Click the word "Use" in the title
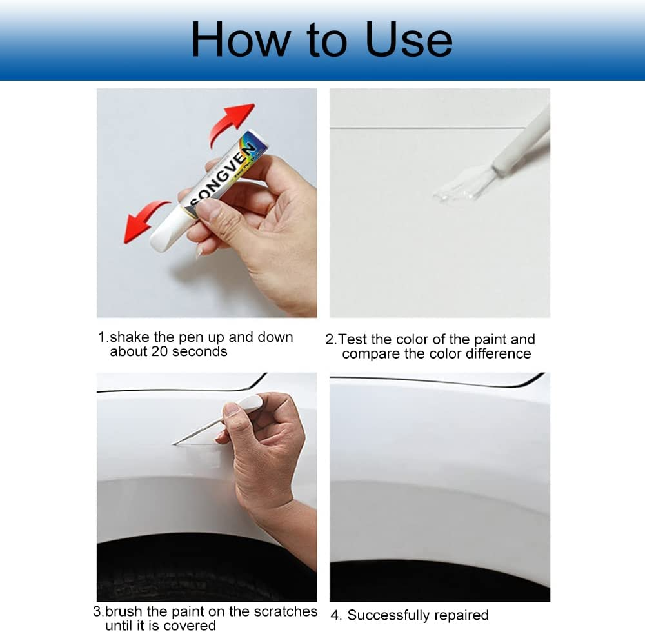pos(409,39)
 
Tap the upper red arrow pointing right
pos(232,123)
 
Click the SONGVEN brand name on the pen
pos(223,171)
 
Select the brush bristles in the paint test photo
pos(461,184)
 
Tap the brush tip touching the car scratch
pos(177,442)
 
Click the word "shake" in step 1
pos(127,337)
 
